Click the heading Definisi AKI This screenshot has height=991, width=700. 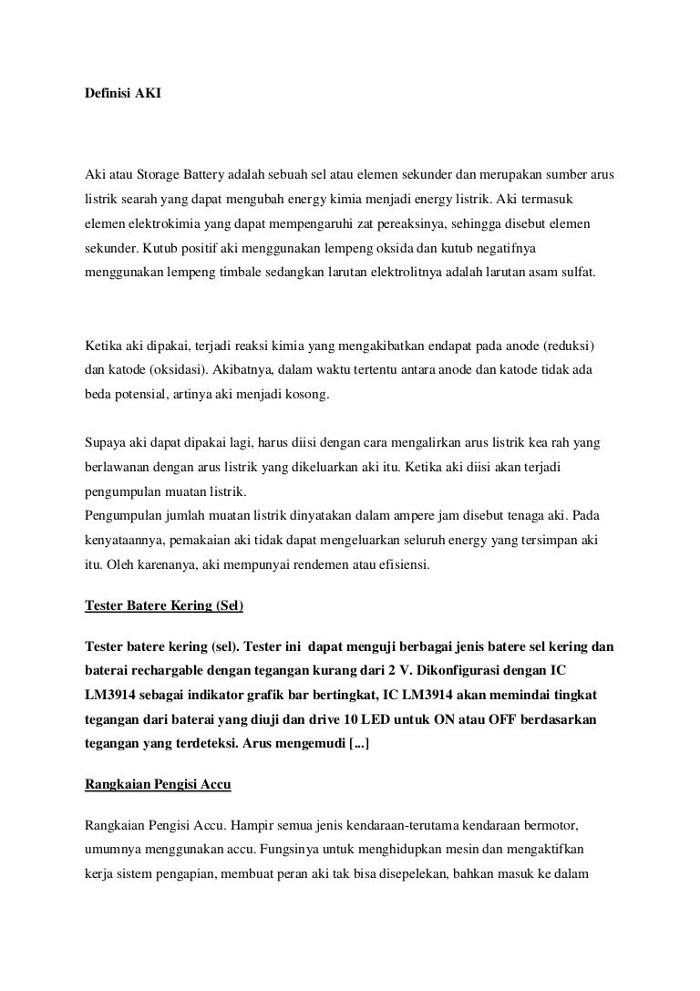122,94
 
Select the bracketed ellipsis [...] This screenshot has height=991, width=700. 353,744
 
